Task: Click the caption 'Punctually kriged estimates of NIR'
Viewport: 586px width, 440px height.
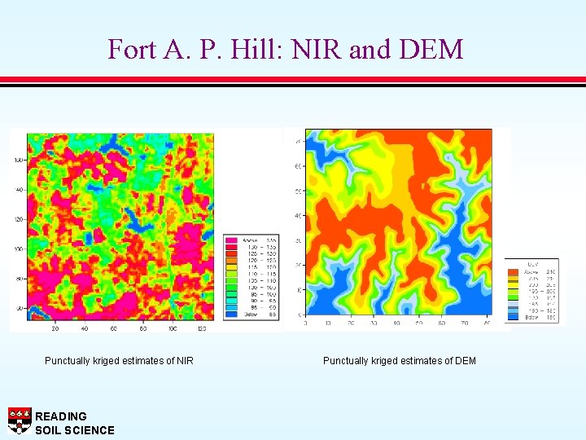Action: (119, 361)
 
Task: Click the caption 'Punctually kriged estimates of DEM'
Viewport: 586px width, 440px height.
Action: (400, 361)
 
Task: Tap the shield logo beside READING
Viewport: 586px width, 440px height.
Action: (20, 420)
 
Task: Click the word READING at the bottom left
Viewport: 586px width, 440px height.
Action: (61, 416)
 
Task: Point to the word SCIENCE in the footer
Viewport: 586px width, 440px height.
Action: (89, 430)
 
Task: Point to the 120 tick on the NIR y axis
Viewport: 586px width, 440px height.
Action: (17, 220)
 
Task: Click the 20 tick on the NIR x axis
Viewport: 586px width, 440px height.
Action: (55, 328)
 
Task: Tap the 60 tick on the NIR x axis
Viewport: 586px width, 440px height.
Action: (114, 328)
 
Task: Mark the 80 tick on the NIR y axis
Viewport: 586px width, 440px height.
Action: (19, 279)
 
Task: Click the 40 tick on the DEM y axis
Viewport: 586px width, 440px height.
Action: (299, 216)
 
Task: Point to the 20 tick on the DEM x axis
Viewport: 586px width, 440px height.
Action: (351, 323)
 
